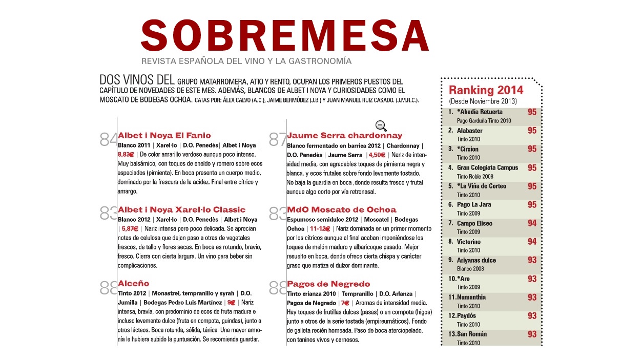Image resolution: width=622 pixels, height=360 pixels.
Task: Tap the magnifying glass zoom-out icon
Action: (x=381, y=125)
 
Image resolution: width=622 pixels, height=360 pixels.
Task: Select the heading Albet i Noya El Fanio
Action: (x=164, y=136)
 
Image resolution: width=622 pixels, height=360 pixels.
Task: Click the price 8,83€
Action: (x=126, y=155)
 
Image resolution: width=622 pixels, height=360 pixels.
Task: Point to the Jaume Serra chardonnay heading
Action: (x=344, y=136)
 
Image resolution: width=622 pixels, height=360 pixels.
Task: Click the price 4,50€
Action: (x=377, y=155)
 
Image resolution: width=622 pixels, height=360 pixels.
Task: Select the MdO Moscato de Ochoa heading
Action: (x=341, y=210)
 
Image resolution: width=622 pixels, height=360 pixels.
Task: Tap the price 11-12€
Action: (x=320, y=229)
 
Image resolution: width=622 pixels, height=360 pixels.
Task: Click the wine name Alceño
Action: (x=133, y=284)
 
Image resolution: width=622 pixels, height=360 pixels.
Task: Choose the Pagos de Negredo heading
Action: (x=328, y=284)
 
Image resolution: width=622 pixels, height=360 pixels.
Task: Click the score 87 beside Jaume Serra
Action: (x=277, y=139)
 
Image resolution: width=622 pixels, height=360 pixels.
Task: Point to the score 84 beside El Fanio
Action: (x=108, y=139)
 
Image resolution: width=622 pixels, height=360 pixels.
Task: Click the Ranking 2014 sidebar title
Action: (x=486, y=91)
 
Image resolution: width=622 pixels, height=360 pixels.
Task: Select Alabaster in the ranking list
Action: (x=469, y=131)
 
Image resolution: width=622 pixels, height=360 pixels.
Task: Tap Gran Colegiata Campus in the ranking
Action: (x=487, y=167)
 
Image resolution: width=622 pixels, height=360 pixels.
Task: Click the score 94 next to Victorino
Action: (x=532, y=242)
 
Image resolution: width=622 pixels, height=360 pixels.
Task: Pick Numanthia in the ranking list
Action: (x=471, y=297)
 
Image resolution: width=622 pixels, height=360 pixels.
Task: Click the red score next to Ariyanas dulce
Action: (x=532, y=260)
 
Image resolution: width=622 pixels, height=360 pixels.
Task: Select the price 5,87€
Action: (x=130, y=229)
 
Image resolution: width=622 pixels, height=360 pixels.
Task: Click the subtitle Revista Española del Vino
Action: (x=246, y=61)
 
